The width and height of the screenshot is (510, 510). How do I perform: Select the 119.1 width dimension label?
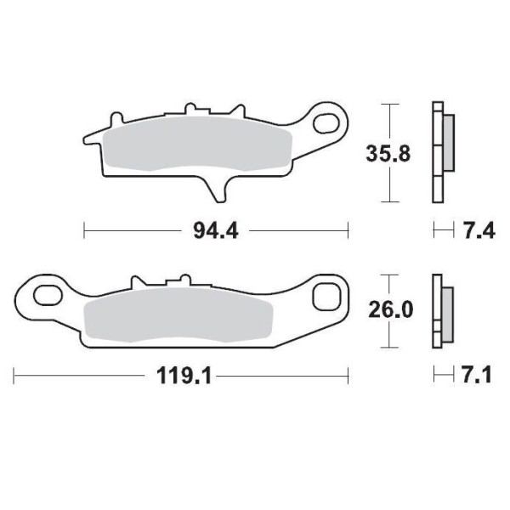(x=181, y=375)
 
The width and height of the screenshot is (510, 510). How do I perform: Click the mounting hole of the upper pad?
(x=326, y=125)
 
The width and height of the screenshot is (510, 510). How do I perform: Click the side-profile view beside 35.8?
(x=440, y=153)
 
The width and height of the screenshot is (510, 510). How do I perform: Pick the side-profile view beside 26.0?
(x=440, y=311)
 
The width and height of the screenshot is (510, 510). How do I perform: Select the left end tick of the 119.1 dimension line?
(x=14, y=375)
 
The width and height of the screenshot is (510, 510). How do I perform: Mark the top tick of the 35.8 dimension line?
(x=388, y=105)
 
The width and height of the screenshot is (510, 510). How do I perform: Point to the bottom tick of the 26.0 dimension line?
(x=388, y=347)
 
